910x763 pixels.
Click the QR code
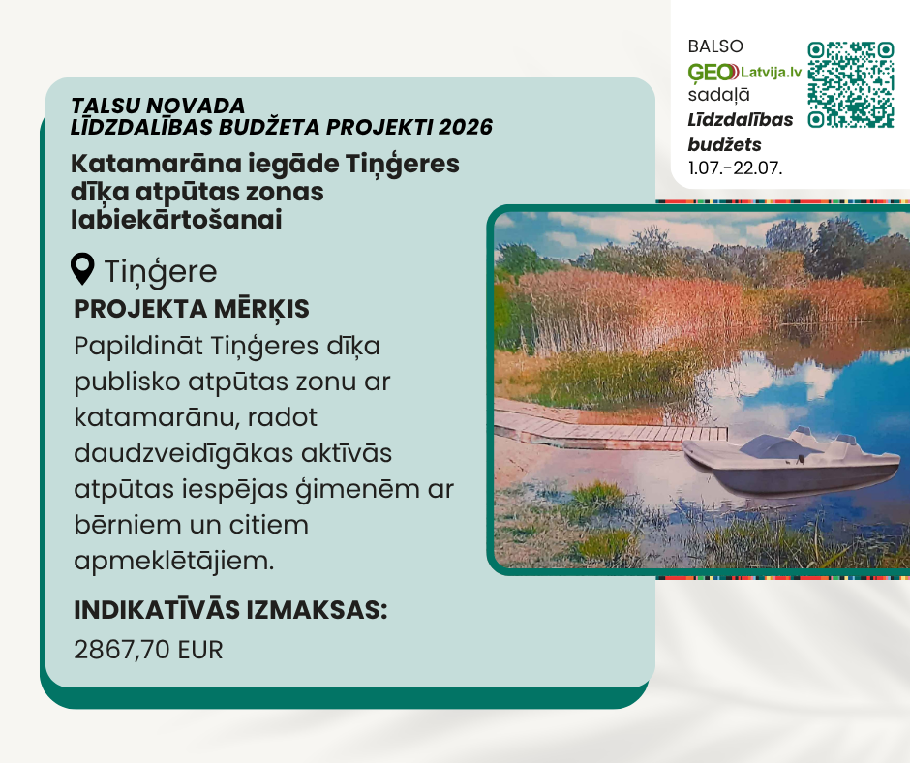850,84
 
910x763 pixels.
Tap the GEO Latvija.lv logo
744,72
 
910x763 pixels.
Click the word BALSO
715,46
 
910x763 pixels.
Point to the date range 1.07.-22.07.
735,168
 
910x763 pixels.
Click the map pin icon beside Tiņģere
82,269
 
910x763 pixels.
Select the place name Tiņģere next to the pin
160,272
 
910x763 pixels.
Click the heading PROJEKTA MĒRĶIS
192,310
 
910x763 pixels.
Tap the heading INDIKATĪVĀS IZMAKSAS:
230,610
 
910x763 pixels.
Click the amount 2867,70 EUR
148,650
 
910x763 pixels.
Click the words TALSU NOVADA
158,106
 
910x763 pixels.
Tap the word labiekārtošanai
176,220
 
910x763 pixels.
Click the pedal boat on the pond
792,461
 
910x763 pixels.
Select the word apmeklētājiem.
173,562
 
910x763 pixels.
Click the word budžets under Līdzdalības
725,144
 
